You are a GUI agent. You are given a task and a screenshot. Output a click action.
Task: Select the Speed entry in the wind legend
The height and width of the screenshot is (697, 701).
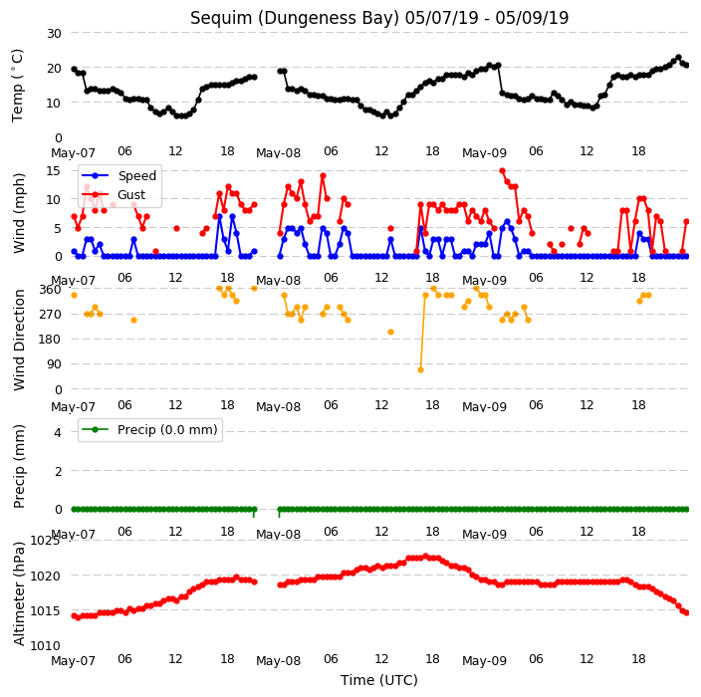(x=136, y=175)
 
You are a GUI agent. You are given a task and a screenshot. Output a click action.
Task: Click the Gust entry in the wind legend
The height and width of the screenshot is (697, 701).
(x=131, y=195)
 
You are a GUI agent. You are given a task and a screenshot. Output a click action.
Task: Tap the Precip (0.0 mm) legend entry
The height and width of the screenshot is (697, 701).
(x=167, y=429)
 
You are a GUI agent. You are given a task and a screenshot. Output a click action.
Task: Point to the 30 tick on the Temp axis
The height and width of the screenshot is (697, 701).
(x=54, y=33)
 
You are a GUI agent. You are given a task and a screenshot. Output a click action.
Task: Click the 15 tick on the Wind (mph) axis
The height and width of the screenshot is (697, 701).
(x=54, y=171)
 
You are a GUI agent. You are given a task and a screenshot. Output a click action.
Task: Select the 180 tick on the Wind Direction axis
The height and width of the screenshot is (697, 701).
(x=51, y=339)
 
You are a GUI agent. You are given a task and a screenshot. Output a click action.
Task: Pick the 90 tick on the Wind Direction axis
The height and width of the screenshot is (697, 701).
(x=54, y=363)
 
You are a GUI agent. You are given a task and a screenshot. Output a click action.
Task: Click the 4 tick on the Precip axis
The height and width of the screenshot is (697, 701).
(x=58, y=432)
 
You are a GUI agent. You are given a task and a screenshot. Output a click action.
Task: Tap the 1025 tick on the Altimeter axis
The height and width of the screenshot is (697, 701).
(x=45, y=541)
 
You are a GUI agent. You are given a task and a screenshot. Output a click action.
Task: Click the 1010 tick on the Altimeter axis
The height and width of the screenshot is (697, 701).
(x=45, y=645)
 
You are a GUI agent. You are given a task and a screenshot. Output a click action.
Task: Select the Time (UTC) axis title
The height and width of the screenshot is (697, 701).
(x=379, y=680)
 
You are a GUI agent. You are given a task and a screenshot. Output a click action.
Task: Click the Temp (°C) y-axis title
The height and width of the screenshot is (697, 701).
(x=18, y=86)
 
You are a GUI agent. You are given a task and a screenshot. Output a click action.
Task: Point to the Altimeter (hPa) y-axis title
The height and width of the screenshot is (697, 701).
(x=18, y=593)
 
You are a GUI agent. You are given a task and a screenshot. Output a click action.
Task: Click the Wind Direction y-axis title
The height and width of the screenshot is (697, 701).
(x=19, y=340)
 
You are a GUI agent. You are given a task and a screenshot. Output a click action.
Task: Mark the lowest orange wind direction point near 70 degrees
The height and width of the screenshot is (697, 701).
(x=420, y=369)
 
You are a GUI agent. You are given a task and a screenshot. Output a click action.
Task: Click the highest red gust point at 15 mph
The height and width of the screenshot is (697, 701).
(x=502, y=171)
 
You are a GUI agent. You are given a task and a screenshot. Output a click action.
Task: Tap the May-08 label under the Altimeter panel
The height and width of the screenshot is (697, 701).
(x=278, y=661)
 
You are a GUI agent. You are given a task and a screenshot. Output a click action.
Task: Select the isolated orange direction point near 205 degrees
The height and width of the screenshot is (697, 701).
(x=390, y=332)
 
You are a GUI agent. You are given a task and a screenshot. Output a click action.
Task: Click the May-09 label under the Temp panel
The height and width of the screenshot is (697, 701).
(x=484, y=153)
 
